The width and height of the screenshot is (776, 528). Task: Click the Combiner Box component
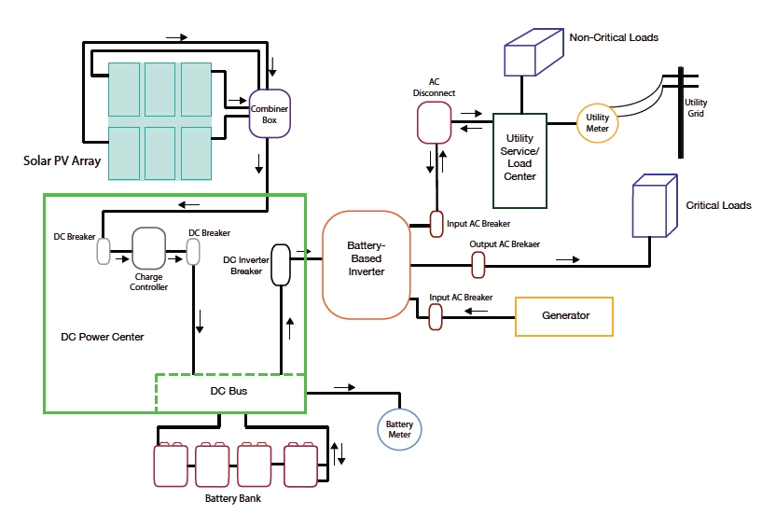pyautogui.click(x=269, y=114)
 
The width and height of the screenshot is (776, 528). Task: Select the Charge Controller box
pyautogui.click(x=148, y=248)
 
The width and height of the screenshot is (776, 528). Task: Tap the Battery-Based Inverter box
pyautogui.click(x=365, y=264)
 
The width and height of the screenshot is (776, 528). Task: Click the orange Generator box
pyautogui.click(x=565, y=316)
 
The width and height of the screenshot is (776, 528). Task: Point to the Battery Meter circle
pyautogui.click(x=399, y=429)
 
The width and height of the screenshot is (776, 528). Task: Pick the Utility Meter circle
pyautogui.click(x=597, y=122)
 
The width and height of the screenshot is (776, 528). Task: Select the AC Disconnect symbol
pyautogui.click(x=433, y=121)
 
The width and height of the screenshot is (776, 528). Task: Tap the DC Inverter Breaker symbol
pyautogui.click(x=280, y=267)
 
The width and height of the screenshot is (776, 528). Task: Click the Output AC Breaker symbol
pyautogui.click(x=478, y=265)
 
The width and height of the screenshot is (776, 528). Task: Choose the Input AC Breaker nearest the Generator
pyautogui.click(x=435, y=317)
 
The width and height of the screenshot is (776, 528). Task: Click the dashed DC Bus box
pyautogui.click(x=229, y=392)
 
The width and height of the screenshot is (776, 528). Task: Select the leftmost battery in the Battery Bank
pyautogui.click(x=171, y=464)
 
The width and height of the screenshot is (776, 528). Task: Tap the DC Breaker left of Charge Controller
pyautogui.click(x=104, y=251)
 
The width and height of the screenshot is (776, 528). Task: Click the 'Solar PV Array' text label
pyautogui.click(x=62, y=160)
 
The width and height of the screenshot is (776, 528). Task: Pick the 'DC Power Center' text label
pyautogui.click(x=103, y=337)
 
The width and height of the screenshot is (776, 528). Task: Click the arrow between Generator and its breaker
pyautogui.click(x=473, y=316)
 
